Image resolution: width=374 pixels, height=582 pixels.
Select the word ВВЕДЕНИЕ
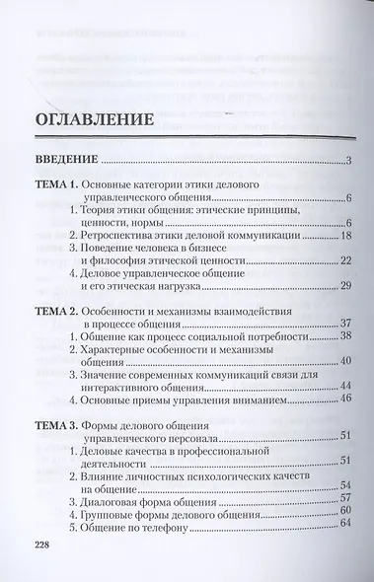click(65, 161)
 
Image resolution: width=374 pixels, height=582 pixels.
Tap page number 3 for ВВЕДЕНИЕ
click(349, 162)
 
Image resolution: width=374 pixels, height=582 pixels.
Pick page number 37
click(345, 324)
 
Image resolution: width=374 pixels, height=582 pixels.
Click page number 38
click(345, 336)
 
